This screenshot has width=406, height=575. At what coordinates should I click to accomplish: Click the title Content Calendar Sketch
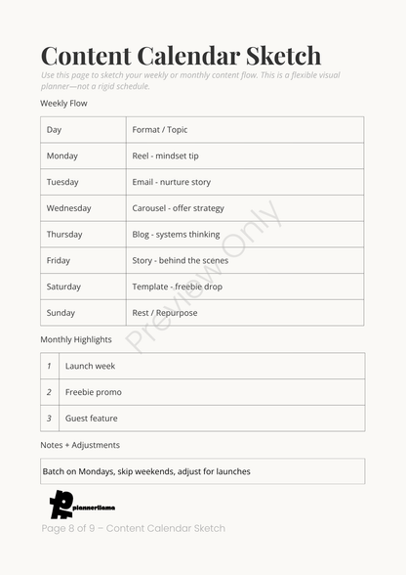tap(181, 56)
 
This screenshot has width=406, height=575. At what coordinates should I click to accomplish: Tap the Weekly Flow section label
tap(63, 103)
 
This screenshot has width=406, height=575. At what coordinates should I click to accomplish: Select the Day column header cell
tap(55, 130)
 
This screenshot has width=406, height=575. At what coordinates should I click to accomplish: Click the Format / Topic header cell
tap(160, 130)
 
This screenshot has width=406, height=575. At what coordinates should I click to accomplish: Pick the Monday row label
tap(62, 156)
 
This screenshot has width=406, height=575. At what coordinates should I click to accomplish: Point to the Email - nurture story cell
tap(172, 183)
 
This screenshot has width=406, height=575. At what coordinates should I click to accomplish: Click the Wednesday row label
tap(68, 208)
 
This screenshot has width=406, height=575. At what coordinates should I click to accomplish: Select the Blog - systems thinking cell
tap(176, 235)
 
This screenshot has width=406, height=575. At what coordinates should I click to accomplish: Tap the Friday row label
tap(59, 261)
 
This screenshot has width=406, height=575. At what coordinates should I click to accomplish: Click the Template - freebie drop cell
tap(177, 287)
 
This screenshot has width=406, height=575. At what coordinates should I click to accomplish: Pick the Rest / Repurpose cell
tap(165, 313)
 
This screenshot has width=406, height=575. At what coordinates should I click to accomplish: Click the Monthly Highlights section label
tap(75, 340)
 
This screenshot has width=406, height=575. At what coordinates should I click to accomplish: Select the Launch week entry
tap(90, 366)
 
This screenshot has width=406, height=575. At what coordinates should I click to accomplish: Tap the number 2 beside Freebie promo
tap(49, 392)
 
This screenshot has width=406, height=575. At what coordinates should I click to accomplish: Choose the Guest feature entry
tap(92, 419)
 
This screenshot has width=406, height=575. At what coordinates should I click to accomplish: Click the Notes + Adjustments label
tap(80, 445)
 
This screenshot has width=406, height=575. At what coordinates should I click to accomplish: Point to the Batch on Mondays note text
tap(146, 471)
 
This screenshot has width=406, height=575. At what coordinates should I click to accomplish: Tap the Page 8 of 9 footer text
tap(133, 528)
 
